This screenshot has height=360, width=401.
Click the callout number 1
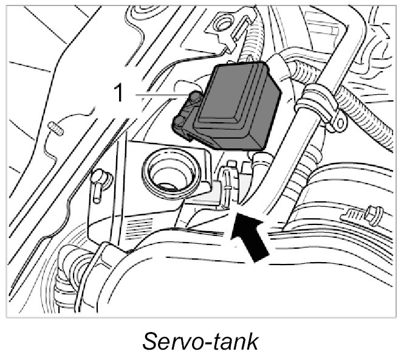coord(119,94)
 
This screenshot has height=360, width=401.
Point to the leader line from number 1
coord(155,95)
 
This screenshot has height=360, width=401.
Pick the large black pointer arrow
coord(251,237)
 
